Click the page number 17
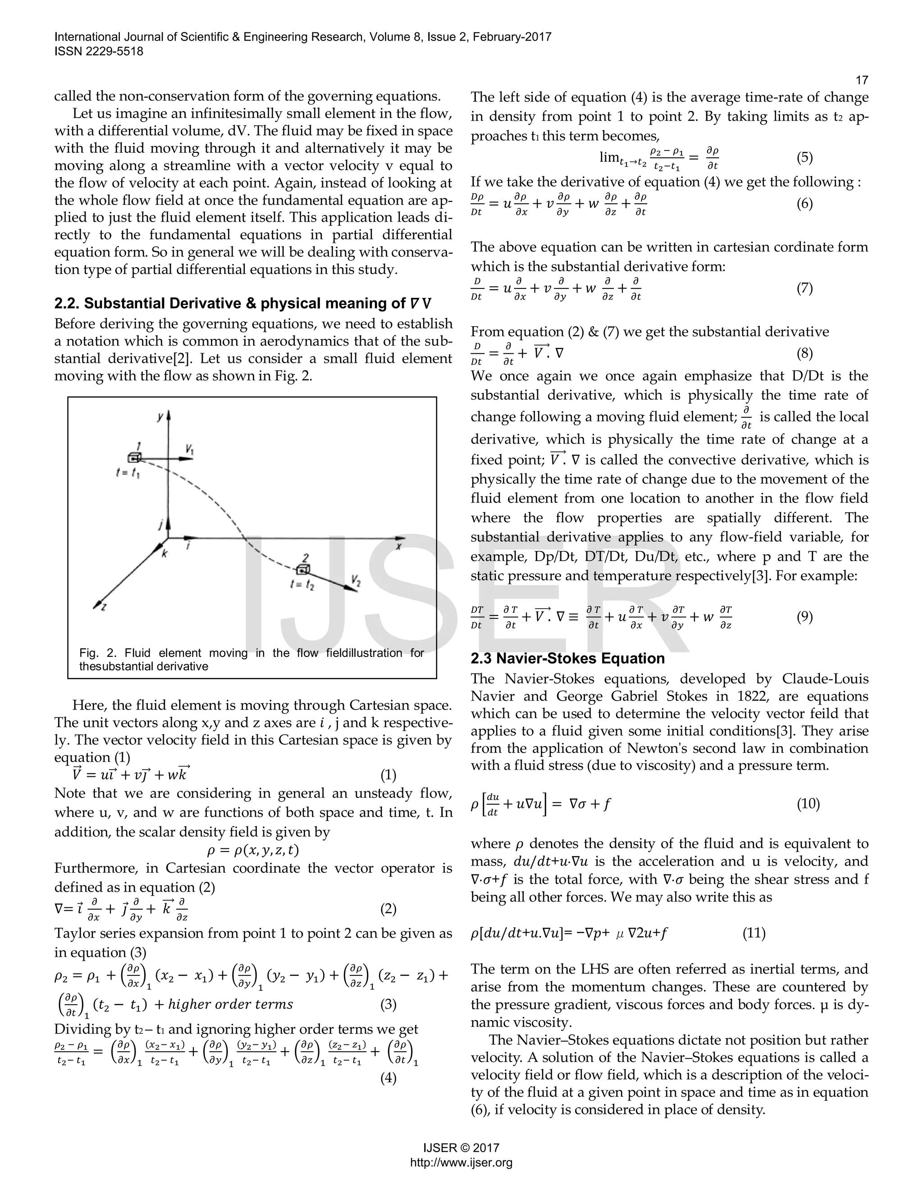(x=861, y=80)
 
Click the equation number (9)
(x=804, y=617)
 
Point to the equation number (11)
(x=754, y=933)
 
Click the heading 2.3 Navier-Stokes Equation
(x=567, y=658)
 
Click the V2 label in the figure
(x=356, y=580)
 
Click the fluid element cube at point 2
(x=303, y=569)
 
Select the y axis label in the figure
(x=160, y=417)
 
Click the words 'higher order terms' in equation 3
(x=230, y=1004)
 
